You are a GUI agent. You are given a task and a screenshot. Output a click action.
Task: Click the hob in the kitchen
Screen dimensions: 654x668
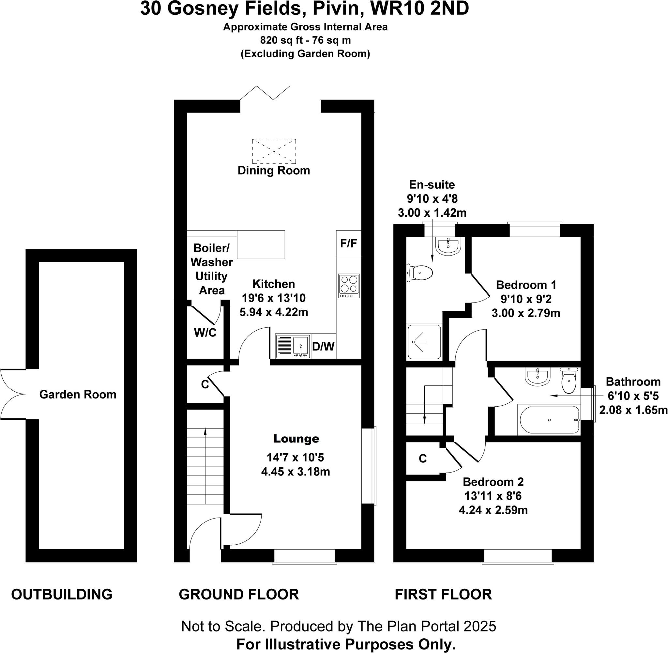pos(349,286)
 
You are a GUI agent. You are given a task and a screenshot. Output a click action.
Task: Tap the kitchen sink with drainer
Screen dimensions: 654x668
pos(293,346)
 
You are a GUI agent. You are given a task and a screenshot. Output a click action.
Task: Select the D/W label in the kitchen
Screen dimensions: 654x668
pos(323,347)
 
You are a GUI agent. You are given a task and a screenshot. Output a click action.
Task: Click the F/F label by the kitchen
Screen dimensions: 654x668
pos(348,243)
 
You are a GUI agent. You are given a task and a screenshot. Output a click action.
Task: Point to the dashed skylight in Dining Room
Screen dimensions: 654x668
pos(274,151)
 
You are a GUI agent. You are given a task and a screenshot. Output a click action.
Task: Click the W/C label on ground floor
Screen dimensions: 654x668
pos(205,333)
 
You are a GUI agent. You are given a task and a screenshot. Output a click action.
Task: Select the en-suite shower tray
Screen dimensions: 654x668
pos(424,342)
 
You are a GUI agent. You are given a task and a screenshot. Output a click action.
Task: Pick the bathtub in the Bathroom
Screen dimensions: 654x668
pos(549,420)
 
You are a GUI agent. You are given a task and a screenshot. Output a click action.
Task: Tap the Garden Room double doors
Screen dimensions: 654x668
pos(13,394)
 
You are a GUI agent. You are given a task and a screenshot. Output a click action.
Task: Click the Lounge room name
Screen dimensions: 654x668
pos(296,439)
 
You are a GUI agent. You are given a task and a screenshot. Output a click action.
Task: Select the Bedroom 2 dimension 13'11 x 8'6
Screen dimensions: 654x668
pos(493,496)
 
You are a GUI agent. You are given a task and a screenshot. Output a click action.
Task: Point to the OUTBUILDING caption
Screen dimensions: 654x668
pos(62,594)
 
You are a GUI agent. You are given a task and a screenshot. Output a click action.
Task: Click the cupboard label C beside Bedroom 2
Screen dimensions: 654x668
pos(423,459)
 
